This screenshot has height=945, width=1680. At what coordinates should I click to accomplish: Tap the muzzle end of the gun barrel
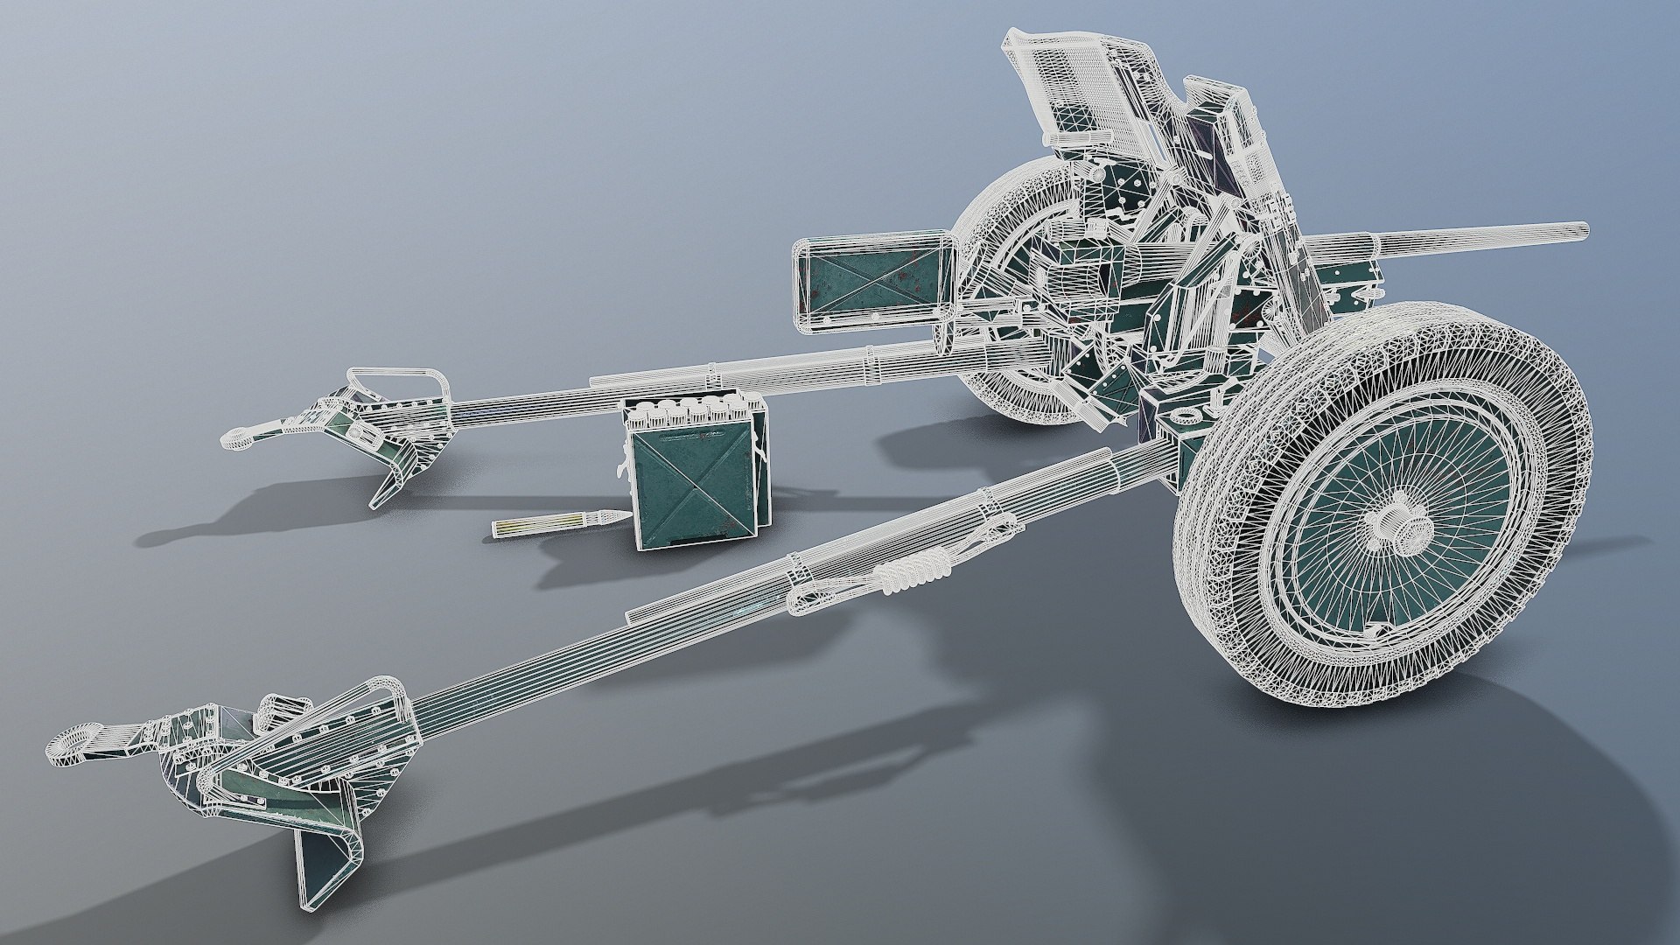click(1582, 230)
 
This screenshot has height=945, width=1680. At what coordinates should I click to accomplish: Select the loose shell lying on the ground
click(560, 523)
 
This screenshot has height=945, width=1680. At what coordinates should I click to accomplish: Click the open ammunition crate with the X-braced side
click(691, 481)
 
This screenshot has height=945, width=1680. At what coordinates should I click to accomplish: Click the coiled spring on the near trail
click(914, 573)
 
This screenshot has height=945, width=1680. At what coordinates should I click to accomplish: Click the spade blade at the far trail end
click(389, 486)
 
